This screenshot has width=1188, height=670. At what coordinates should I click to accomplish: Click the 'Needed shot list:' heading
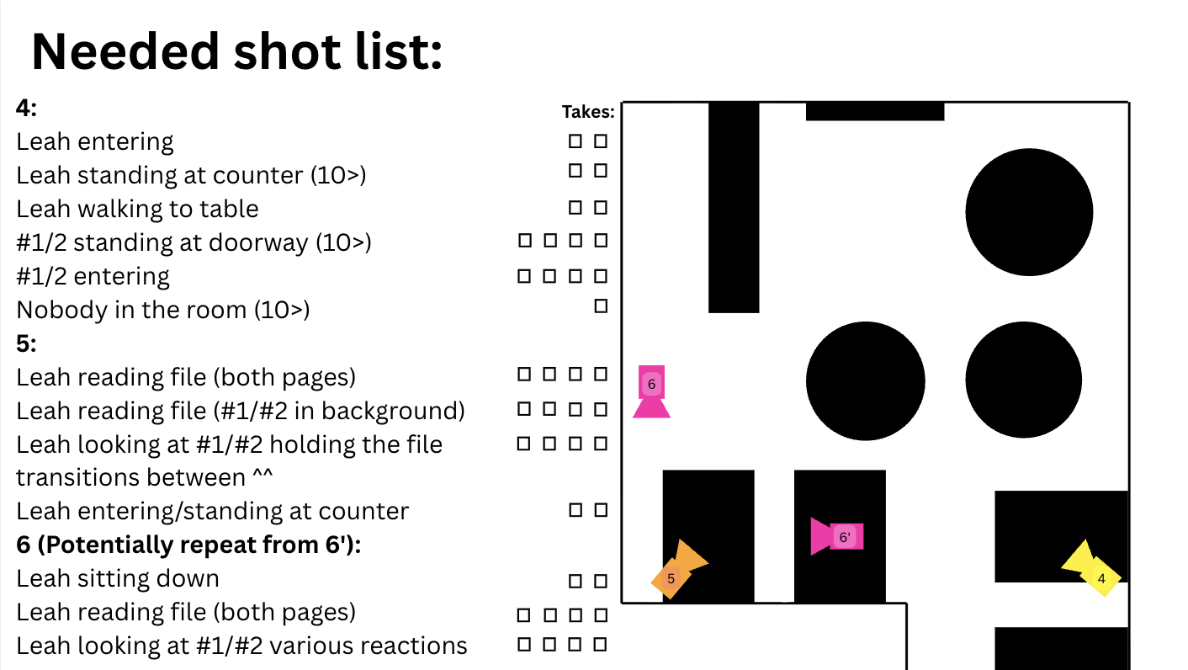(x=237, y=51)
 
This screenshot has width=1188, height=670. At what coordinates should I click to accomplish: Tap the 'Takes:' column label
(x=588, y=112)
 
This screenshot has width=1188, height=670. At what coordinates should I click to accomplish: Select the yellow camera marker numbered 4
(x=1092, y=569)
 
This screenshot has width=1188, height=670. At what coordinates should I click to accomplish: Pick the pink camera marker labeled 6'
(x=837, y=537)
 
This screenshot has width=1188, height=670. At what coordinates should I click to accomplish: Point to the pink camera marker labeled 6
(x=651, y=391)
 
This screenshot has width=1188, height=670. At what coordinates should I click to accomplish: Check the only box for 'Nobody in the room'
(x=601, y=306)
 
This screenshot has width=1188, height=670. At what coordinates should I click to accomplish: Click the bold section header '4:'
(x=27, y=109)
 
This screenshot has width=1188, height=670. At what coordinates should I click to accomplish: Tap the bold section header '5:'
(x=27, y=343)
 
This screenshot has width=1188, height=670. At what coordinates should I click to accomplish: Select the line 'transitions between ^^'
(x=144, y=477)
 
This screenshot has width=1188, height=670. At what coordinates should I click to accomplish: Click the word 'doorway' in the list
(x=258, y=243)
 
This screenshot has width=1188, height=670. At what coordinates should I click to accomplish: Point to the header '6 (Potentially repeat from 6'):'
(x=188, y=545)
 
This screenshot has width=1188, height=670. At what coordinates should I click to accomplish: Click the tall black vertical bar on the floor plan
(x=734, y=207)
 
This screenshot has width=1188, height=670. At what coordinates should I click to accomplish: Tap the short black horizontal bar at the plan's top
(x=875, y=111)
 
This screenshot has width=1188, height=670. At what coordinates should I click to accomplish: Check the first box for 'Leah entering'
(x=575, y=141)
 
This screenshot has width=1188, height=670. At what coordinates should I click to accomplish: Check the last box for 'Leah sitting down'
(x=601, y=581)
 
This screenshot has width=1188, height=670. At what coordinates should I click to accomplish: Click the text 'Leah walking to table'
(x=137, y=209)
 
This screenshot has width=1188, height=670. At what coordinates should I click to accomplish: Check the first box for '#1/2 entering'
(x=524, y=276)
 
